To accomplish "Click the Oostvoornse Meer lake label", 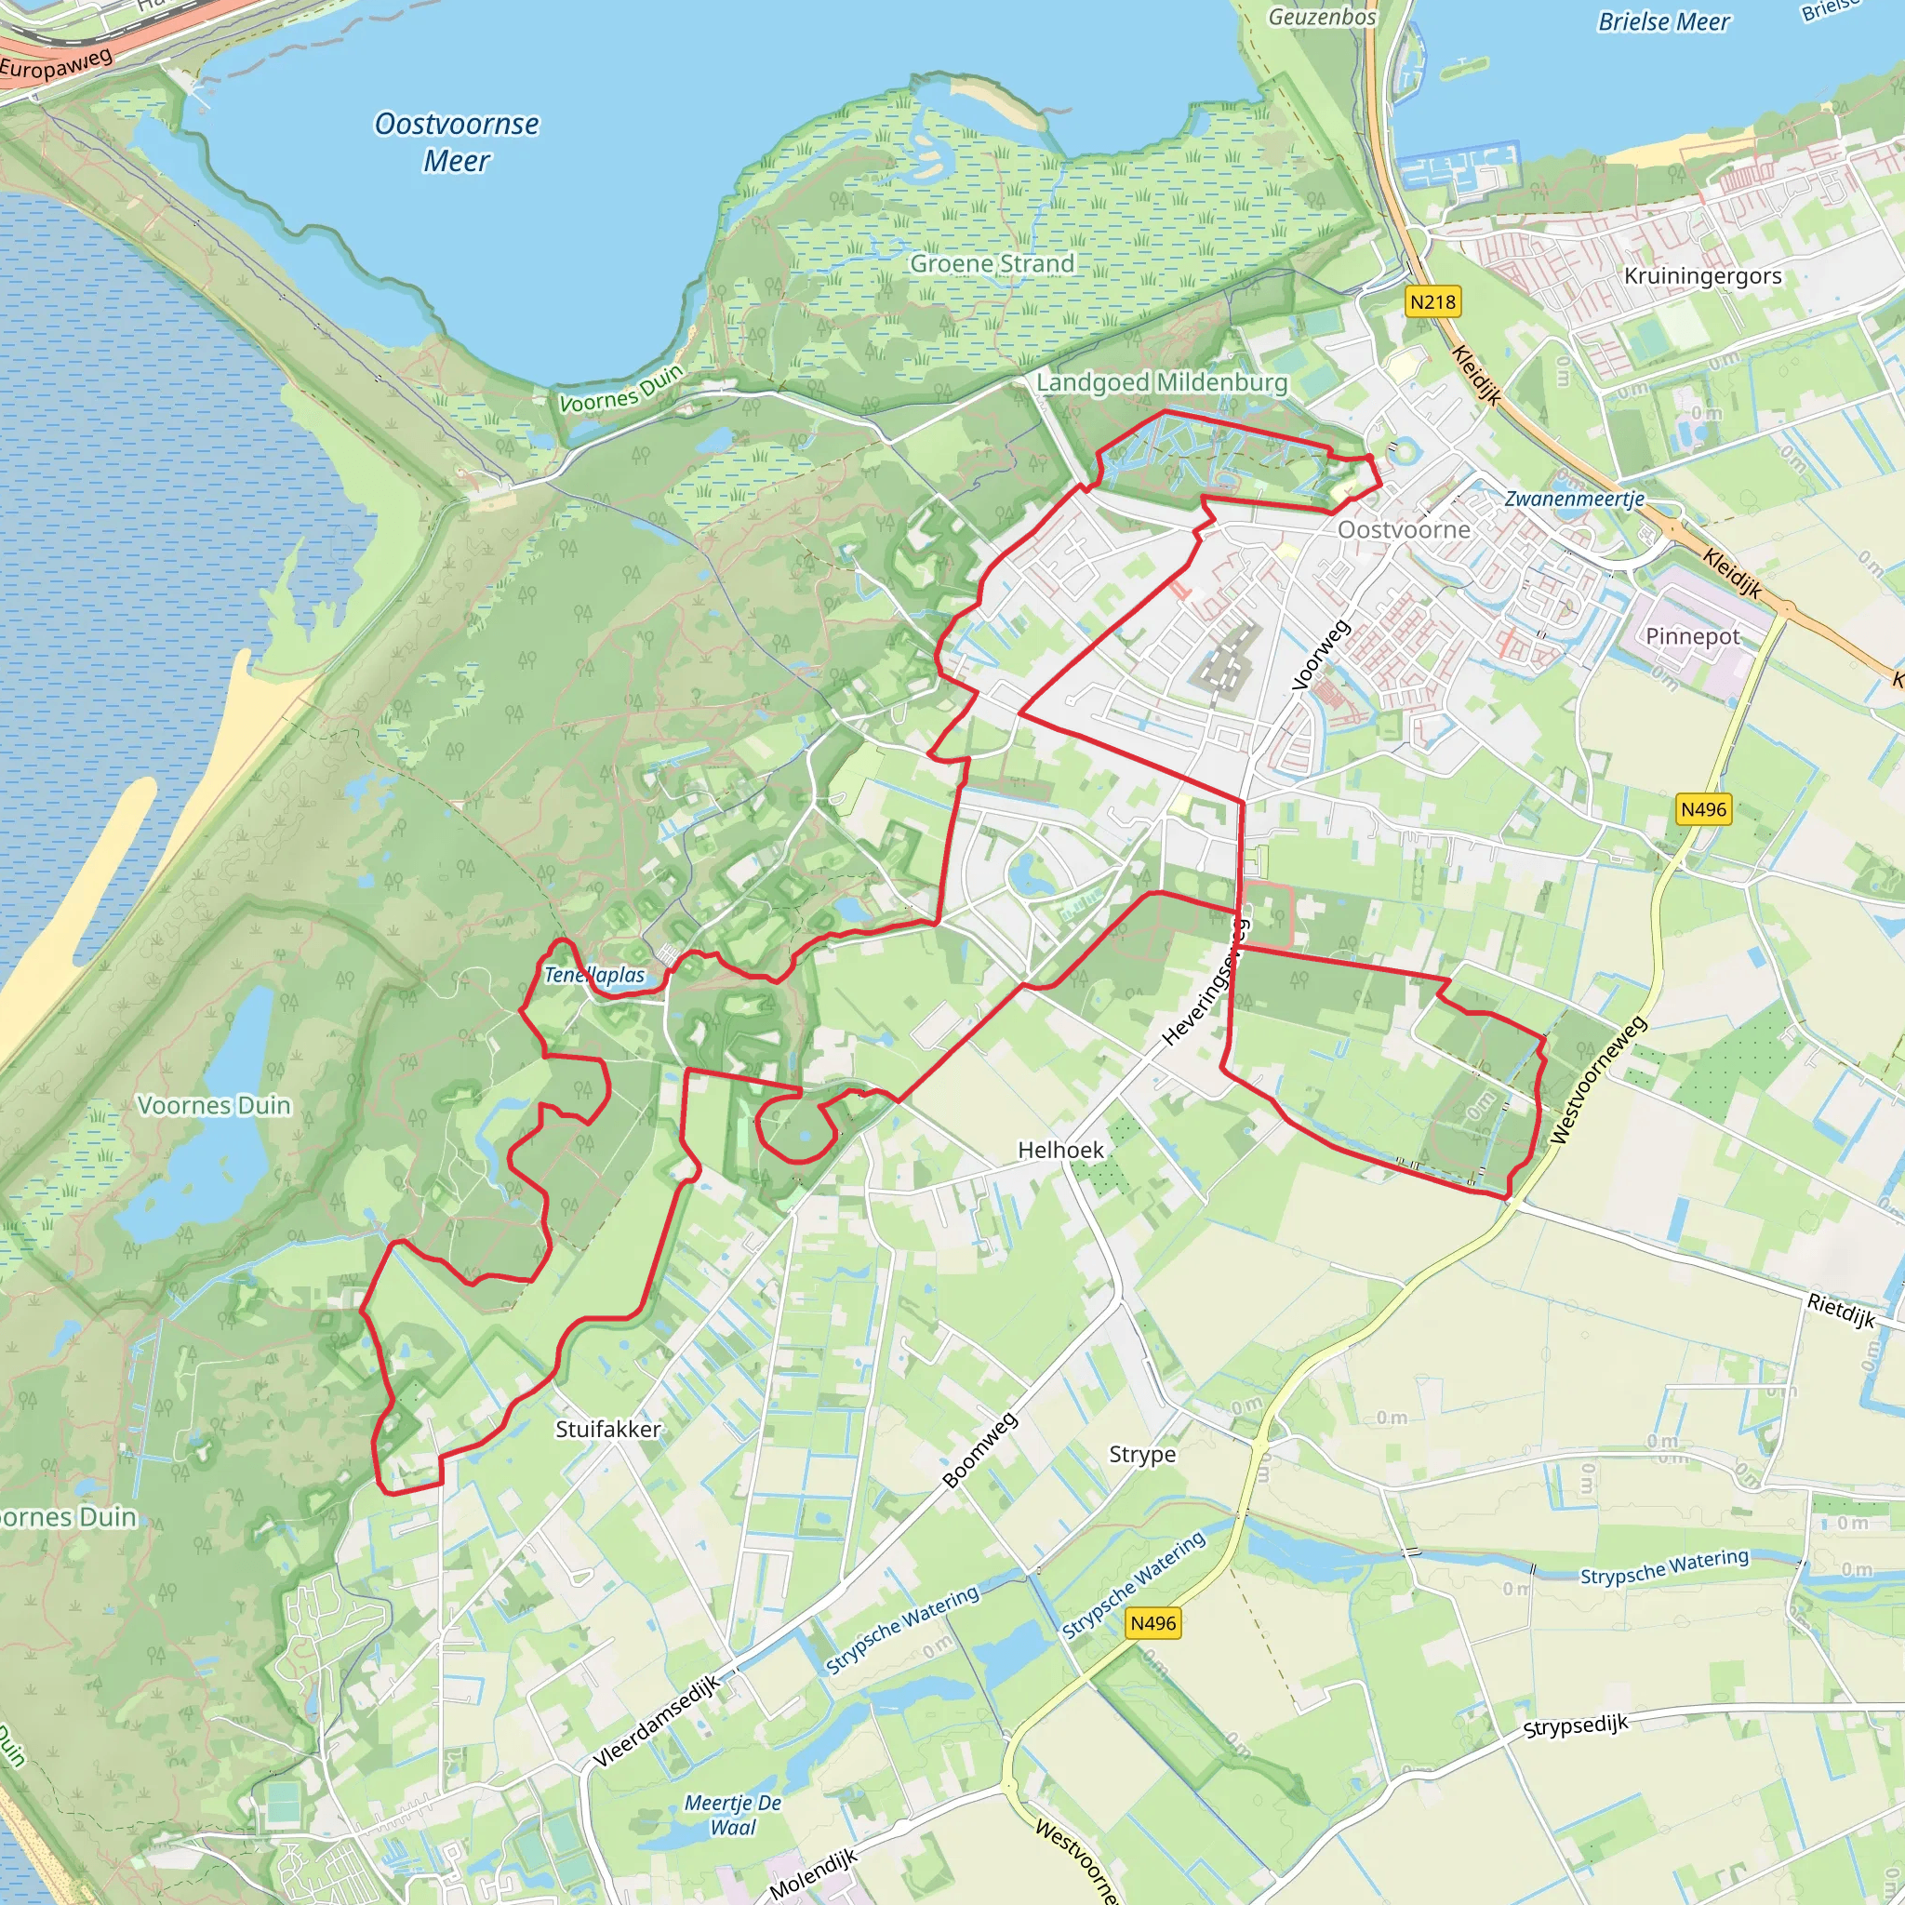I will coord(457,142).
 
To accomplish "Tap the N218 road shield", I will coord(1432,301).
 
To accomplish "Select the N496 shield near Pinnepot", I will coord(1704,809).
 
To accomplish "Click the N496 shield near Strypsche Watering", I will coord(1152,1623).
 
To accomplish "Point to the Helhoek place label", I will coord(1061,1150).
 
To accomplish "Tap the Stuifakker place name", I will coord(607,1429).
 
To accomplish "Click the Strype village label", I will coord(1142,1455).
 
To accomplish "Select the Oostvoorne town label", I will coord(1403,529).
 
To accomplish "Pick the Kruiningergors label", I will coord(1703,276).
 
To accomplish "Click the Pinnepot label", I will coord(1693,636).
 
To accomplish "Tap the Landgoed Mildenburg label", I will coord(1162,382).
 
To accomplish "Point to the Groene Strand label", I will coord(992,263).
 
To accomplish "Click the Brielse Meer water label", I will coord(1663,21).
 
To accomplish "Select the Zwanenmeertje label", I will coord(1574,499).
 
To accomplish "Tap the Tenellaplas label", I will coord(594,975).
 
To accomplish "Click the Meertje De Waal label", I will coord(733,1814).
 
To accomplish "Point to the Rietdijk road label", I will coord(1841,1312).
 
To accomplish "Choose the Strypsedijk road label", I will coord(1575,1727).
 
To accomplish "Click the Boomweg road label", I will coord(979,1450).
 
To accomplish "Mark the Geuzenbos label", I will coord(1321,17).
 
